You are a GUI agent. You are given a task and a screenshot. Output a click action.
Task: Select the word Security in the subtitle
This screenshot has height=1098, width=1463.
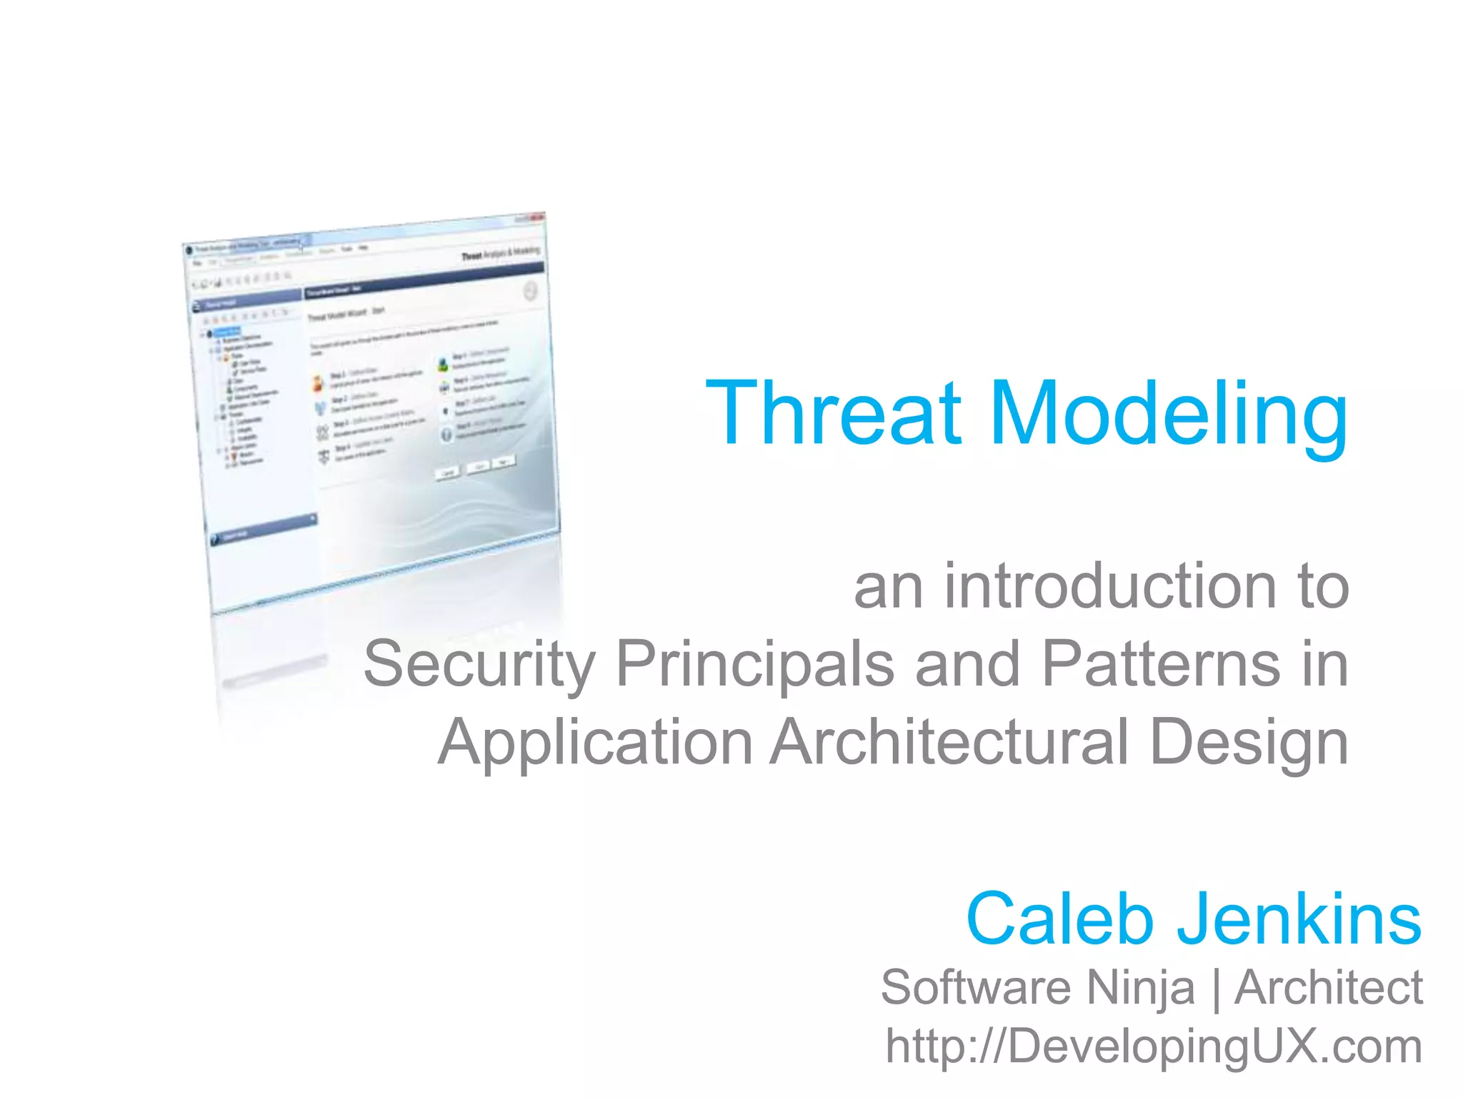(479, 664)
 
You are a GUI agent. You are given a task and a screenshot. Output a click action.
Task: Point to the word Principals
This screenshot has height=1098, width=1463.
(754, 663)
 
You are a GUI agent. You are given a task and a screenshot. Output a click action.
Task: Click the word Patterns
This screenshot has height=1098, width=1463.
(1162, 663)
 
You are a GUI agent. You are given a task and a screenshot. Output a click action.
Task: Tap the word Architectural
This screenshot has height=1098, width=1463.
(950, 741)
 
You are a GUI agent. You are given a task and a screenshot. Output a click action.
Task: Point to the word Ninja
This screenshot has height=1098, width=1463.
(1140, 988)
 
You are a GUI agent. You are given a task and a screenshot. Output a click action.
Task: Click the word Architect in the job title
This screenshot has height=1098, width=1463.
(1328, 988)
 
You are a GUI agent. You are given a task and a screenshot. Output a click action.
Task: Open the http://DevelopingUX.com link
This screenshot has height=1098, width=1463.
(1153, 1047)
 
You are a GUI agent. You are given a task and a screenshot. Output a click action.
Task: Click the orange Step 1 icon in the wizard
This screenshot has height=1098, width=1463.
(318, 383)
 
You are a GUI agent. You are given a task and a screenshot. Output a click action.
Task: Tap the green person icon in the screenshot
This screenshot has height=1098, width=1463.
(443, 365)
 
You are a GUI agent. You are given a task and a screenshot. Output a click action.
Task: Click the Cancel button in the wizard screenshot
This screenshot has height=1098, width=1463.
(449, 473)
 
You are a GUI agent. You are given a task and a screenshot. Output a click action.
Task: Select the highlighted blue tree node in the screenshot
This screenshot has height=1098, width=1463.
(227, 332)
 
